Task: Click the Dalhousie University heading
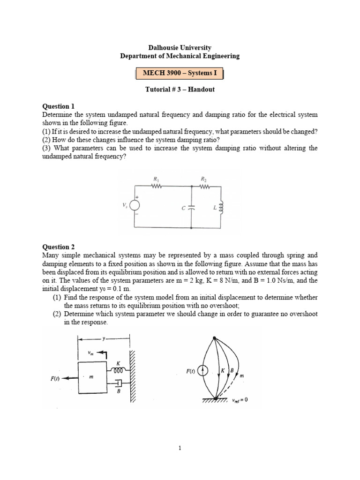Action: pos(180,47)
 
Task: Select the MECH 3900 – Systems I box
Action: pos(180,74)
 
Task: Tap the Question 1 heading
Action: pos(59,106)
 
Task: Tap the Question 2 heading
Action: pos(59,247)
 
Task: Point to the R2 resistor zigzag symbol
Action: pos(204,186)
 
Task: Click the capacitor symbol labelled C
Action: pos(192,208)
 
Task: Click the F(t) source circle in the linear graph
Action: pos(202,371)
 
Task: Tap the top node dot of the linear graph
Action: pos(214,338)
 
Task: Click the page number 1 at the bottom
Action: pos(180,448)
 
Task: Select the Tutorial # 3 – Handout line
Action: pos(180,90)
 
